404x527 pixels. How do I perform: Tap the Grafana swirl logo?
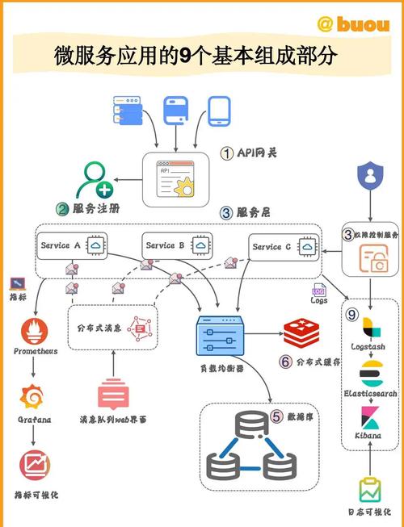33,398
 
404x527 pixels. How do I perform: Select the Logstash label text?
368,346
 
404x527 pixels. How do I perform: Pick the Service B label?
166,245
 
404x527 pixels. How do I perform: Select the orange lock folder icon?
370,261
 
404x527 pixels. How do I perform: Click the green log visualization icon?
368,491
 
